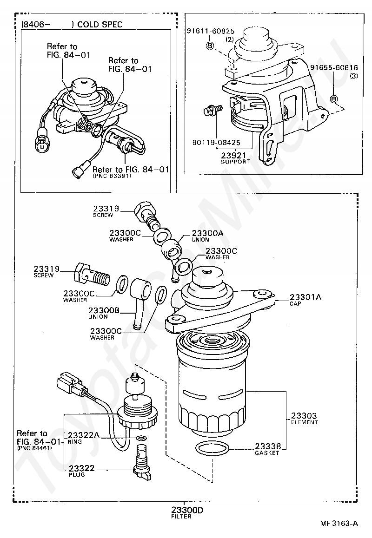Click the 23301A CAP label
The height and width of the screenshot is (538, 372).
tap(306, 297)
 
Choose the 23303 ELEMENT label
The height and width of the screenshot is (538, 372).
tap(304, 415)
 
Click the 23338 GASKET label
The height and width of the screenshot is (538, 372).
tap(267, 446)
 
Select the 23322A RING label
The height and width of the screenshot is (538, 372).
tap(84, 435)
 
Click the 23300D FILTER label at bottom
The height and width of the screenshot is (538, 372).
tap(187, 510)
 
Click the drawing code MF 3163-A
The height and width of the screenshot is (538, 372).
tap(339, 523)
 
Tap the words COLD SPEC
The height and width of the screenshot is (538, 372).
tap(100, 25)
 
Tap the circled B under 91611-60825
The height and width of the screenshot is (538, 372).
tap(210, 46)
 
